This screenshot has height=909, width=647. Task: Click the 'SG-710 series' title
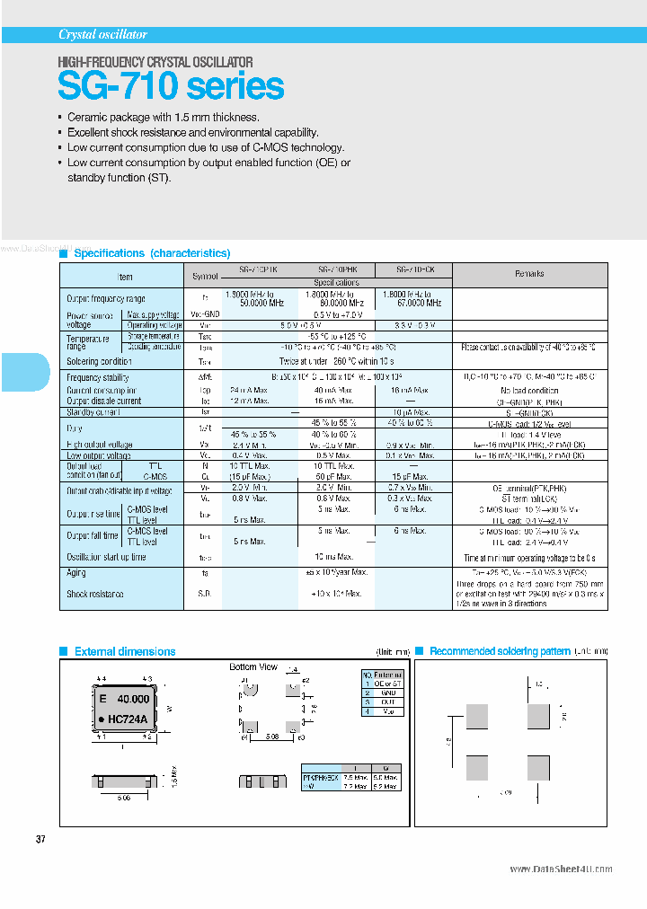click(171, 87)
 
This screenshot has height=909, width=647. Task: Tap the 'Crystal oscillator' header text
click(102, 35)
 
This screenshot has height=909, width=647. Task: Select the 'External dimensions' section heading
click(125, 651)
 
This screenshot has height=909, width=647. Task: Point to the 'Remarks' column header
click(529, 274)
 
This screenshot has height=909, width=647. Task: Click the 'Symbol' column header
click(205, 277)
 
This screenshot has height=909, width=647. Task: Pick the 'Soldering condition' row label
click(100, 361)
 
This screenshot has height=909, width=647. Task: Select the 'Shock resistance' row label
click(95, 594)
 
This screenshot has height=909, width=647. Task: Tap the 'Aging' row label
click(76, 573)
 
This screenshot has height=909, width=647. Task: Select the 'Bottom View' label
click(254, 667)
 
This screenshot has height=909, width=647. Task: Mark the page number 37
click(40, 839)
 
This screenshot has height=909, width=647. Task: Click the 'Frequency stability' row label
click(98, 378)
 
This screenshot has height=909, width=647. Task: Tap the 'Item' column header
click(125, 277)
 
